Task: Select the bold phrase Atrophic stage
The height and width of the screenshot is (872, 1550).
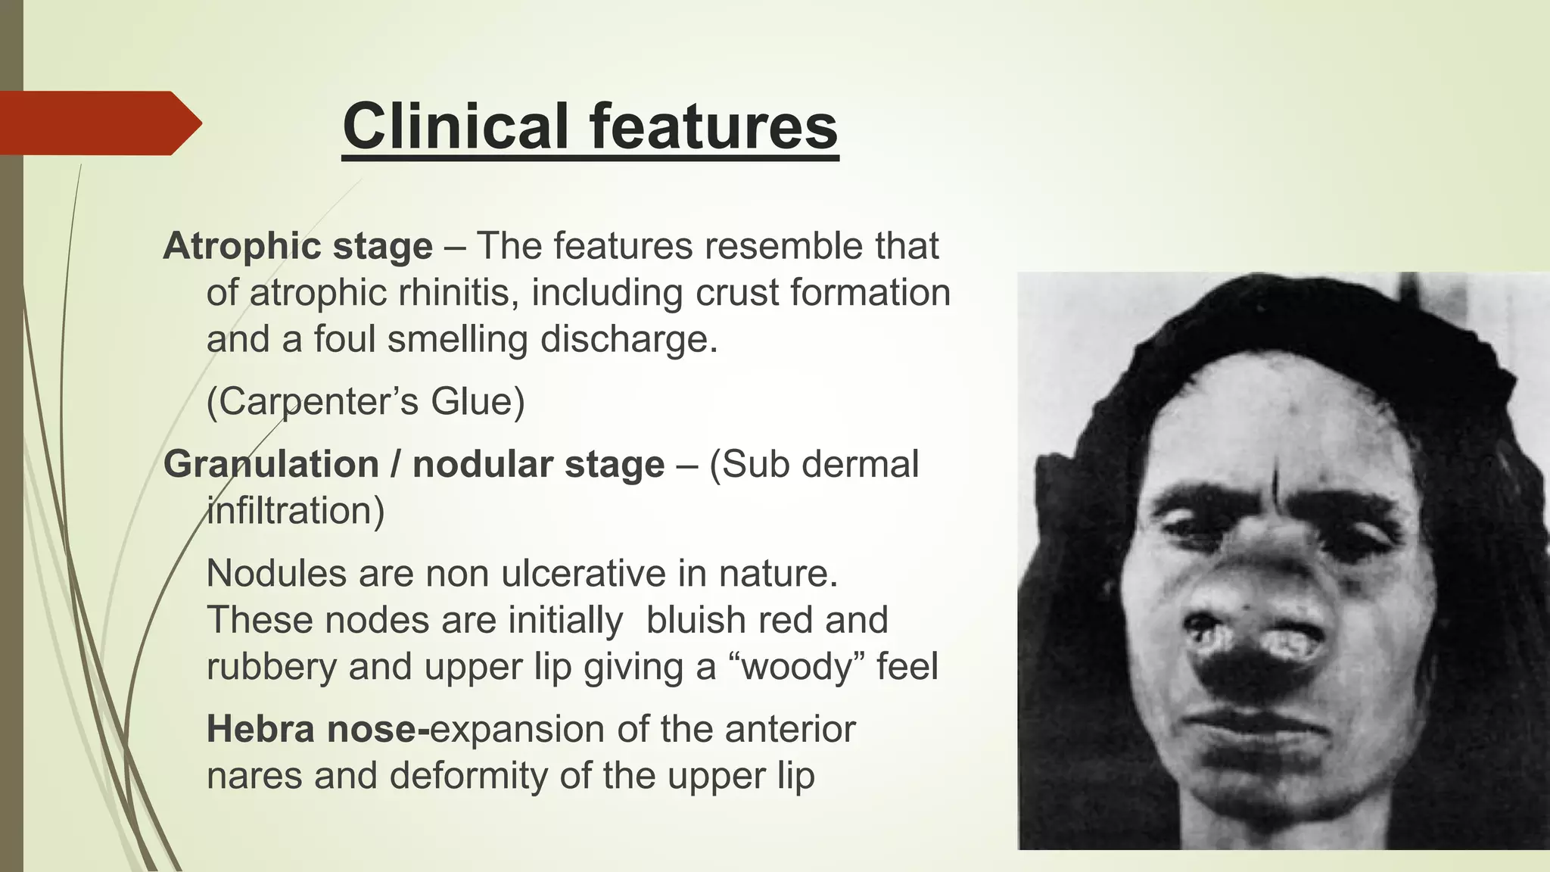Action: [297, 247]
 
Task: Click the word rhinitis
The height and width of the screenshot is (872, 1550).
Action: [450, 293]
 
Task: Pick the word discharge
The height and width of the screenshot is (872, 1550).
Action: [628, 339]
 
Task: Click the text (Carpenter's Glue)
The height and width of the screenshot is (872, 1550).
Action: [366, 401]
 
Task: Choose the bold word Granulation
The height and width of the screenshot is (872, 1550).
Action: [271, 464]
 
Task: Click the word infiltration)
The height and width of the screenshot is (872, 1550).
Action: [295, 511]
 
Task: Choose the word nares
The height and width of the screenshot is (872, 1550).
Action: [254, 776]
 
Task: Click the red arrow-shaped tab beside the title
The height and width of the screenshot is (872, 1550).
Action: [98, 123]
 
